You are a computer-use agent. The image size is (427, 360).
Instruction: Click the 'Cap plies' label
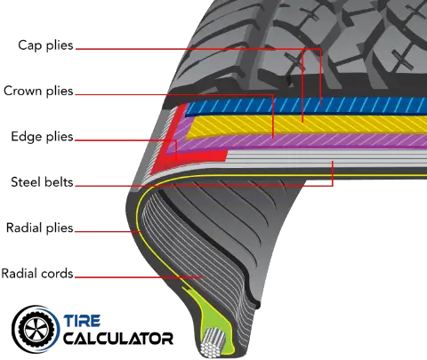(x=45, y=45)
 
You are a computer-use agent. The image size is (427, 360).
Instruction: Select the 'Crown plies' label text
(x=38, y=91)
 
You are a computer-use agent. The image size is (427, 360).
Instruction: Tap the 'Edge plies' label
(x=42, y=137)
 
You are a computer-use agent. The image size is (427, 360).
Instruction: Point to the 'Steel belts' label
(x=42, y=182)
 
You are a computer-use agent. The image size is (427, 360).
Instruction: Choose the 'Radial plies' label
(x=40, y=228)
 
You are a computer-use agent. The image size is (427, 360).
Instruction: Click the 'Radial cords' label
(x=37, y=273)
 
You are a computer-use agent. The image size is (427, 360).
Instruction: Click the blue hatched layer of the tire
(x=305, y=105)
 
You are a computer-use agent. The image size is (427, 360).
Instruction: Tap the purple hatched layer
(x=296, y=141)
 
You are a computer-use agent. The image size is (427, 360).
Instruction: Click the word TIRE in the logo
(x=82, y=321)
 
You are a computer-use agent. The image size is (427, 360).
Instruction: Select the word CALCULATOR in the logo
(x=118, y=339)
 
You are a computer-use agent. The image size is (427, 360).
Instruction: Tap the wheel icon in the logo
(x=36, y=329)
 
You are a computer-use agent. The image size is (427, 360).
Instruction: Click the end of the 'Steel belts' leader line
(x=333, y=162)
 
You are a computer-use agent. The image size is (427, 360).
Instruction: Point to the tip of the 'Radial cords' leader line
(x=202, y=277)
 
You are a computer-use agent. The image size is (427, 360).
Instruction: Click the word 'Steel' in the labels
(x=24, y=182)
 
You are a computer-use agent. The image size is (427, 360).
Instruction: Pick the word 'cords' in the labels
(x=57, y=273)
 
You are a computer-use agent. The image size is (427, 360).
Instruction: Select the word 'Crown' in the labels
(x=22, y=91)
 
